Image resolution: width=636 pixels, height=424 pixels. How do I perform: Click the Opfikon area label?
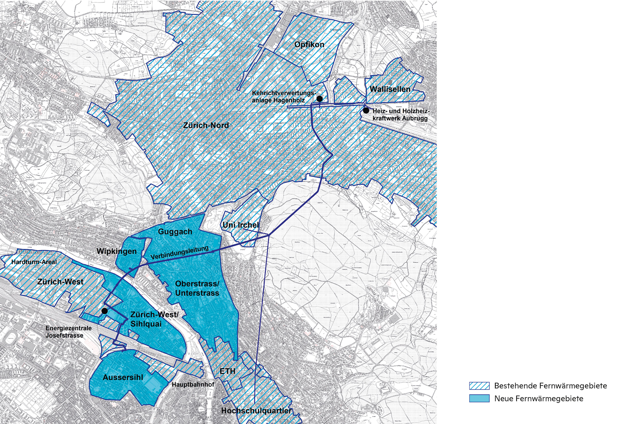309,45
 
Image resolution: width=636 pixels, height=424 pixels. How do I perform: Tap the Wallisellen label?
390,89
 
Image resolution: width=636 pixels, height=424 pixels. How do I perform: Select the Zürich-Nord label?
206,125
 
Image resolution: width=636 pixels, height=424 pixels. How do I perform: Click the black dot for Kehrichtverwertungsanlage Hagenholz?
319,99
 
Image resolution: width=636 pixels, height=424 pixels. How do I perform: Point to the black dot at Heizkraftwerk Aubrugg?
366,110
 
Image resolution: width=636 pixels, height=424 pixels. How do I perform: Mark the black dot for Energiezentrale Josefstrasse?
104,311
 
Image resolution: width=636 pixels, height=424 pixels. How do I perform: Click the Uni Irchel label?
241,225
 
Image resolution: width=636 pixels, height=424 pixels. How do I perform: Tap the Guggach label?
175,232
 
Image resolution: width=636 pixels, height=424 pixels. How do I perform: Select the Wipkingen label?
117,252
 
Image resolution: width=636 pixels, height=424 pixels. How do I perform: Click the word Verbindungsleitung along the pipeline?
180,253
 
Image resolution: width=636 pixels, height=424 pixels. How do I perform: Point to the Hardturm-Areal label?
34,262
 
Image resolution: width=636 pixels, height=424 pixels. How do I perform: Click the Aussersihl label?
123,377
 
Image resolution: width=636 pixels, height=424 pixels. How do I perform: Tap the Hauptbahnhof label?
193,384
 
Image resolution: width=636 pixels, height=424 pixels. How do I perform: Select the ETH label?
227,371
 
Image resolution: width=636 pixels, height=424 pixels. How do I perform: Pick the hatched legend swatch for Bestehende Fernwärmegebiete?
479,386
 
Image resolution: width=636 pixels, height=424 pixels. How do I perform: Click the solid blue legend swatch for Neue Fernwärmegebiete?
479,399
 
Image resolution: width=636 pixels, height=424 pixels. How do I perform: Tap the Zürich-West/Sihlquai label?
154,319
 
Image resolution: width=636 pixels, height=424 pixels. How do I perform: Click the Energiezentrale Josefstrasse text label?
68,332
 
